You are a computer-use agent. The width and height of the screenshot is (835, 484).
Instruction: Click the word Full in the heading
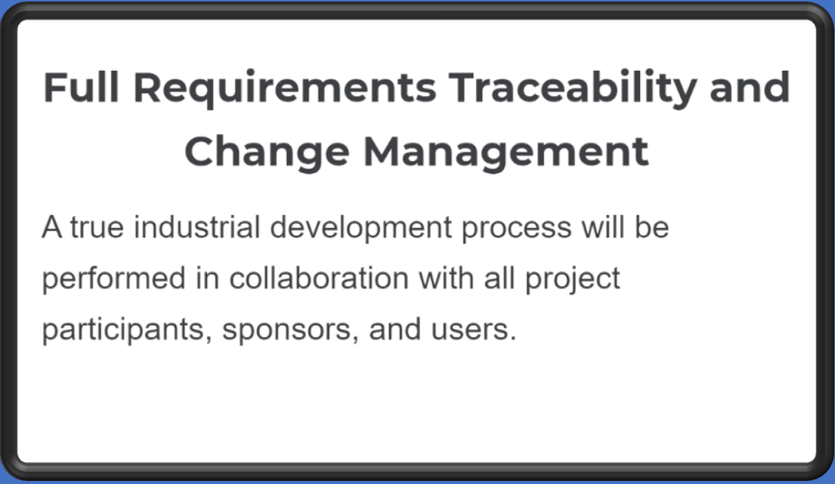click(81, 87)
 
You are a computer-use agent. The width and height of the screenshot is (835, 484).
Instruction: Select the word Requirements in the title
click(285, 89)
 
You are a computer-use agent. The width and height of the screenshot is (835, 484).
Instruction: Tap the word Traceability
click(573, 89)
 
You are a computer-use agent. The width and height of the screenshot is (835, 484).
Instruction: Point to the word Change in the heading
click(267, 153)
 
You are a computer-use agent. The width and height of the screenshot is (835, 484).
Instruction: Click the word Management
click(506, 153)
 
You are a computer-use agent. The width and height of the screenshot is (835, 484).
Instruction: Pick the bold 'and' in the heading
click(750, 87)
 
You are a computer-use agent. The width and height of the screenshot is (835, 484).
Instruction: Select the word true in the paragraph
click(97, 227)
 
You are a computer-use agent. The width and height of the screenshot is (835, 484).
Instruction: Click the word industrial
click(197, 227)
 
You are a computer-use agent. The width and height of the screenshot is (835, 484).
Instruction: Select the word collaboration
click(319, 278)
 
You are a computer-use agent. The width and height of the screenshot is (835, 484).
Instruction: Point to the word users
click(473, 330)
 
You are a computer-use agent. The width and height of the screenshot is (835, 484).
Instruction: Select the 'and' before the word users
click(395, 328)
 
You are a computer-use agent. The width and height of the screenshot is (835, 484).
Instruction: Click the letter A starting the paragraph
click(52, 227)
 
